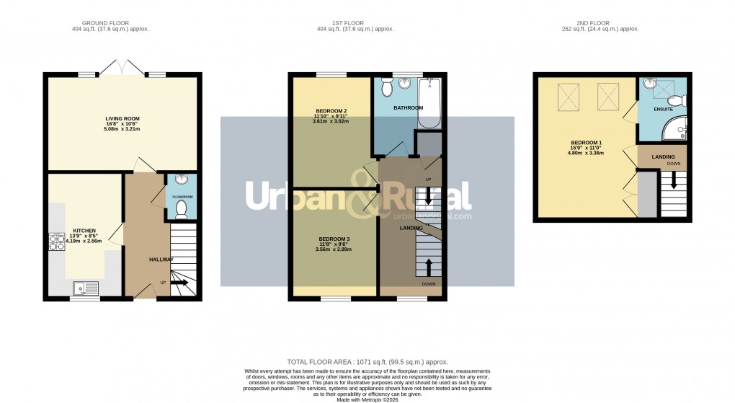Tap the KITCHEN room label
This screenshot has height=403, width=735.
pyautogui.click(x=84, y=231)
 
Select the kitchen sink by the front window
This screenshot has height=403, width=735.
pyautogui.click(x=86, y=288)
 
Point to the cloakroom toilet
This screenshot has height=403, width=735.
pyautogui.click(x=182, y=209)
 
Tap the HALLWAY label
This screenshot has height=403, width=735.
pyautogui.click(x=161, y=260)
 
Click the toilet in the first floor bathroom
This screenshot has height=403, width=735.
pyautogui.click(x=386, y=89)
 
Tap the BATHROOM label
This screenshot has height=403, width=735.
pyautogui.click(x=408, y=108)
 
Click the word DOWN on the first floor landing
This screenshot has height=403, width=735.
pyautogui.click(x=429, y=285)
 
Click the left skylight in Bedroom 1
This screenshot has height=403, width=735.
pyautogui.click(x=569, y=94)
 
